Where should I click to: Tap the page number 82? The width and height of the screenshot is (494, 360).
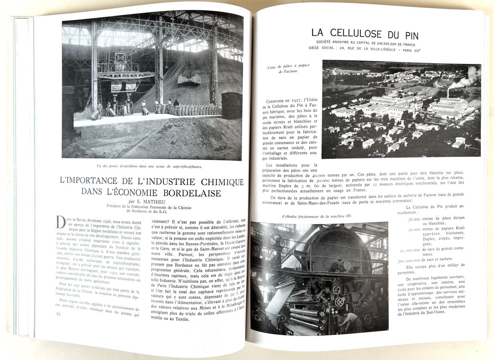pos(59,313)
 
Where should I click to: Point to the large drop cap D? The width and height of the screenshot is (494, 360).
pos(61,222)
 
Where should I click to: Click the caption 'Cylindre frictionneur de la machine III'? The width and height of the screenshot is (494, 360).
pos(319,216)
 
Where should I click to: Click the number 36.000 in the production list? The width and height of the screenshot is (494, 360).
pos(414,219)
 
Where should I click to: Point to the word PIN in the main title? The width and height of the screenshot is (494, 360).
pos(407,34)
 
